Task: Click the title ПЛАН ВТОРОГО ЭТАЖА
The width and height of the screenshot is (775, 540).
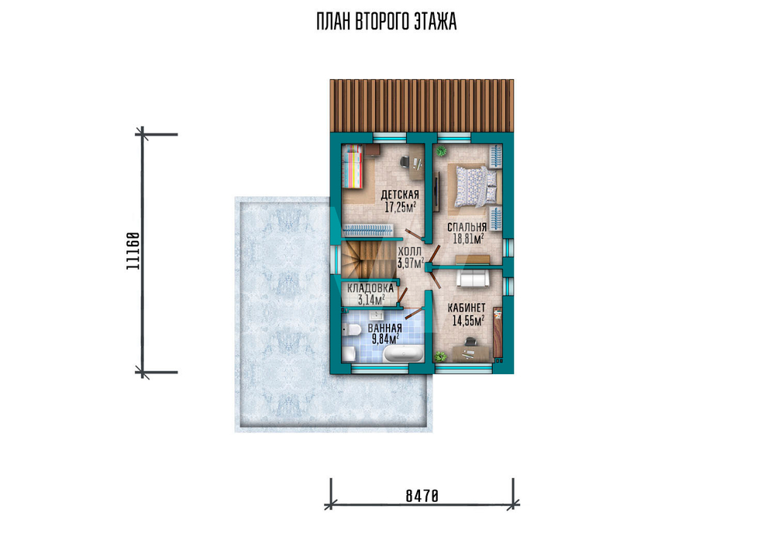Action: pyautogui.click(x=387, y=22)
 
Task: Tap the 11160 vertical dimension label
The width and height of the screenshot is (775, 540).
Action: pyautogui.click(x=133, y=250)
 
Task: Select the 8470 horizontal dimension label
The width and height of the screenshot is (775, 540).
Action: pyautogui.click(x=422, y=496)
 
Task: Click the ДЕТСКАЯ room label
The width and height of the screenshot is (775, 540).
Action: pyautogui.click(x=400, y=195)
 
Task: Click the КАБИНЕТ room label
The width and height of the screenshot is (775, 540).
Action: pyautogui.click(x=467, y=308)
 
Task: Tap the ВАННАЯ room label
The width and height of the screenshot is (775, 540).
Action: pyautogui.click(x=384, y=328)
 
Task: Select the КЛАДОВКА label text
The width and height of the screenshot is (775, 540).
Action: pyautogui.click(x=370, y=288)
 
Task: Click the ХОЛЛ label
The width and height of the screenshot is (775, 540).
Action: pyautogui.click(x=410, y=252)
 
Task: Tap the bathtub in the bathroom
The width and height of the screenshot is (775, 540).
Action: pyautogui.click(x=404, y=354)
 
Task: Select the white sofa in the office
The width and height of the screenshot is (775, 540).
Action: pyautogui.click(x=473, y=279)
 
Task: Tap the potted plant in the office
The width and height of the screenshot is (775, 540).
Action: pyautogui.click(x=439, y=356)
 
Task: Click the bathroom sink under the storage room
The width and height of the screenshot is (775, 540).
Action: pyautogui.click(x=379, y=315)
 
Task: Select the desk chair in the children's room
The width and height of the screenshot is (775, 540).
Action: pyautogui.click(x=405, y=161)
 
